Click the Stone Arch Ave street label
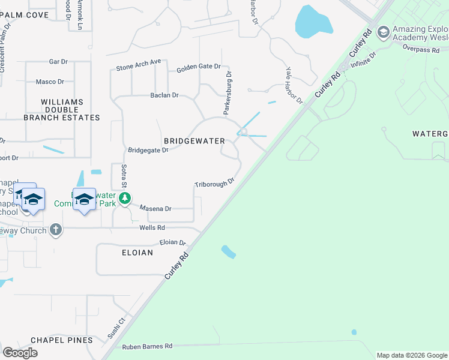click(x=139, y=62)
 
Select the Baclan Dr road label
click(x=164, y=95)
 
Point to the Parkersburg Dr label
click(x=228, y=92)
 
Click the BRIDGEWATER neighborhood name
click(x=194, y=141)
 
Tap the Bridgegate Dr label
click(x=148, y=150)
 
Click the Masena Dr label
click(x=156, y=209)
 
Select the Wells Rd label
click(x=152, y=228)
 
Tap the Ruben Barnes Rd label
click(x=147, y=346)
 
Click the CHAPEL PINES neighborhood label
click(x=62, y=340)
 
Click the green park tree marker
click(x=124, y=198)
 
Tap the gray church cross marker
click(x=56, y=229)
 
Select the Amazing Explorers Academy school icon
click(x=383, y=32)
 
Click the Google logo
click(x=20, y=352)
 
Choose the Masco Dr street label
click(x=50, y=82)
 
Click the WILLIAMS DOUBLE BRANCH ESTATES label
click(x=61, y=110)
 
